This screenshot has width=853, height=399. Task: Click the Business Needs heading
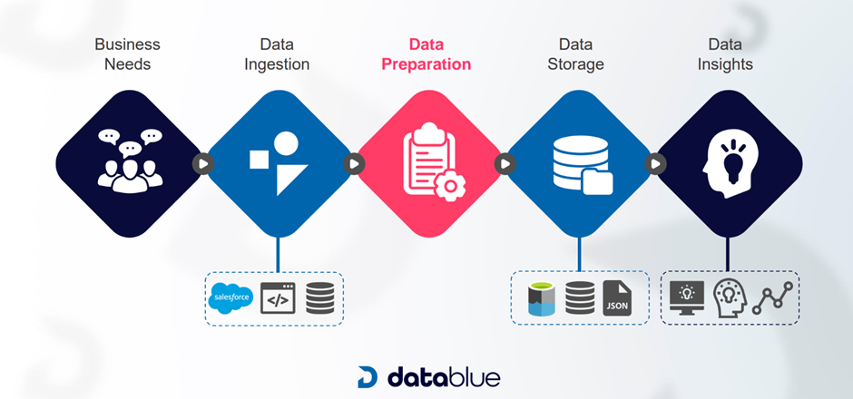pyautogui.click(x=128, y=54)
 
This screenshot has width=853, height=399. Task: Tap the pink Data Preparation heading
pyautogui.click(x=426, y=54)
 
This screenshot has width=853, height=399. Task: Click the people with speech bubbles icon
pyautogui.click(x=129, y=161)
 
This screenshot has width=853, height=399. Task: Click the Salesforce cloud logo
pyautogui.click(x=230, y=298)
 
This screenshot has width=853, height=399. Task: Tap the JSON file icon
pyautogui.click(x=616, y=298)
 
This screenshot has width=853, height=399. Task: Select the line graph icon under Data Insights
pyautogui.click(x=774, y=297)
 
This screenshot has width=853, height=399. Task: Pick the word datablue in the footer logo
pyautogui.click(x=444, y=376)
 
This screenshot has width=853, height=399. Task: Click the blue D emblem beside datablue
pyautogui.click(x=367, y=377)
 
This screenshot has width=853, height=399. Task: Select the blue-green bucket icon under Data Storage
pyautogui.click(x=541, y=298)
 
